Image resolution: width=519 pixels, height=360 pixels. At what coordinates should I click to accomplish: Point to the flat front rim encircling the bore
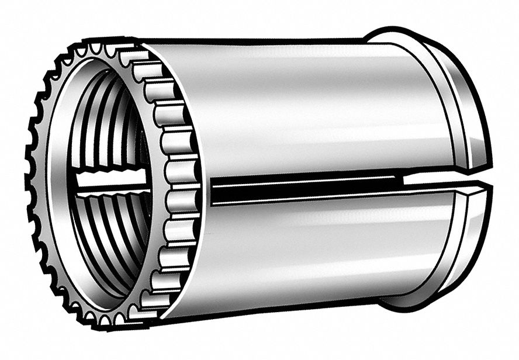click(x=56, y=175)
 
